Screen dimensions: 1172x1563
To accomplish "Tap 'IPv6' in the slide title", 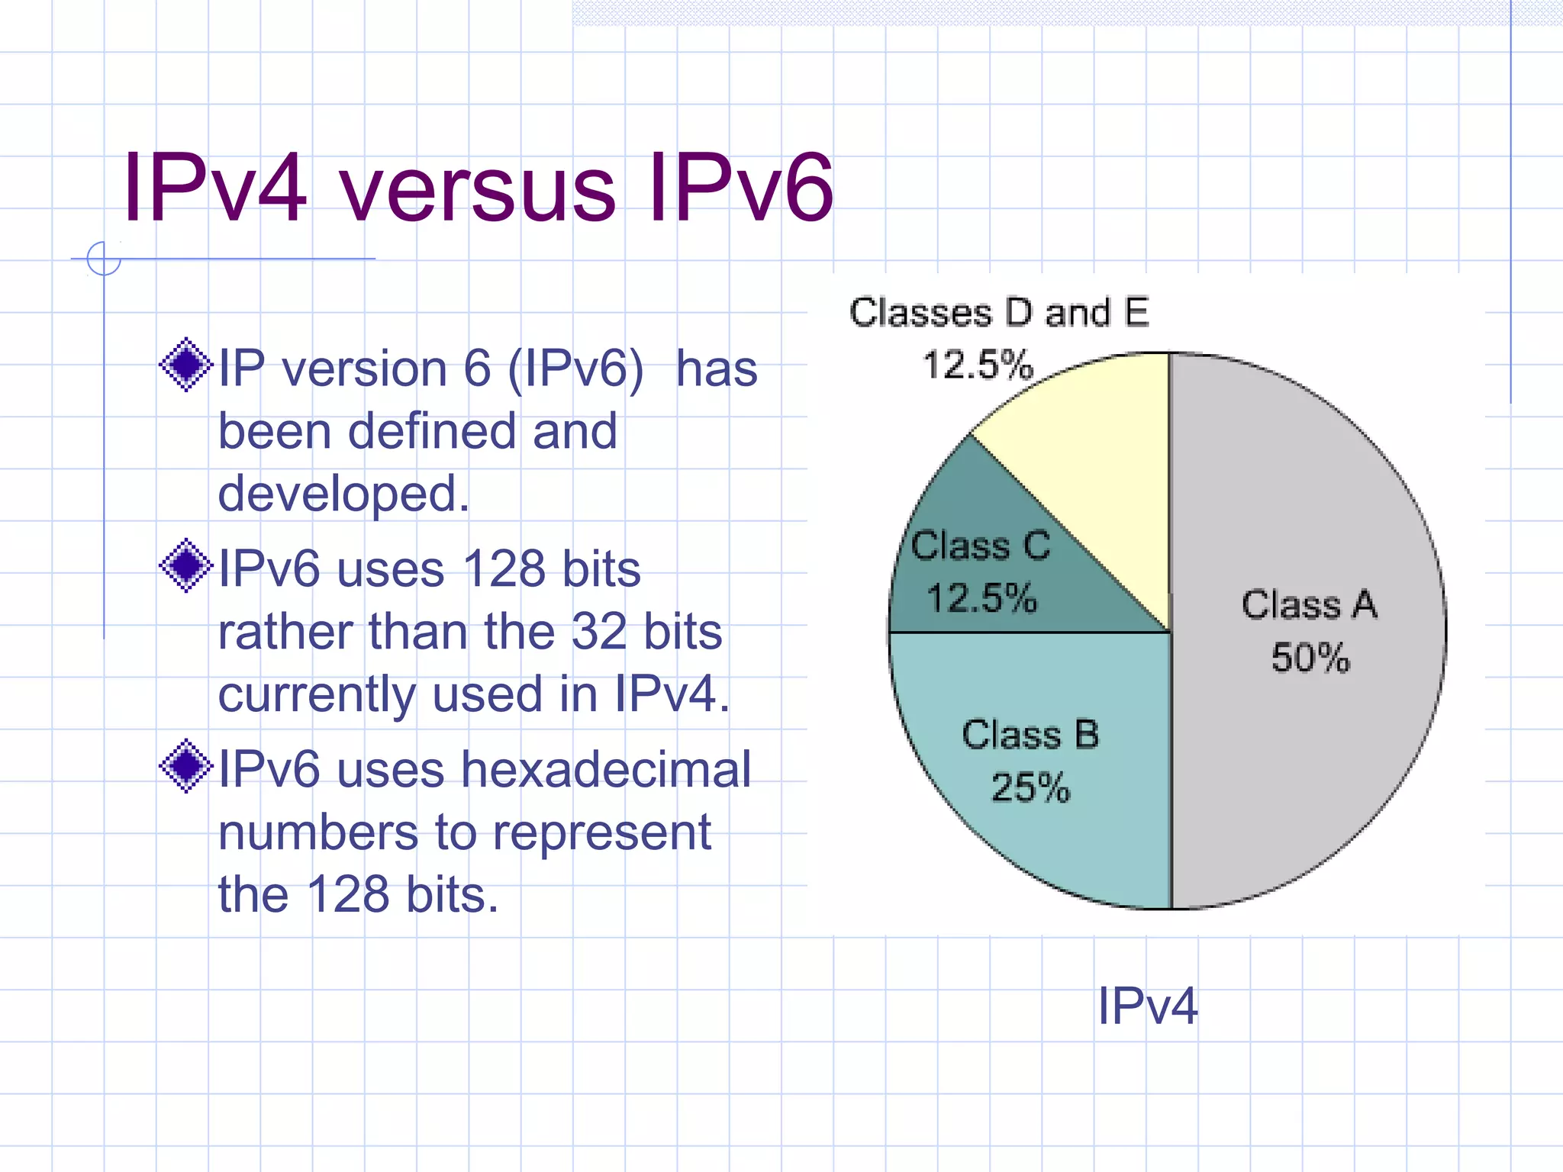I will (x=740, y=188).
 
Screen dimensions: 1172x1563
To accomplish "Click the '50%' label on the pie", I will (x=1310, y=657).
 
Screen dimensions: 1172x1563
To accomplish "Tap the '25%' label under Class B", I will (x=1030, y=787).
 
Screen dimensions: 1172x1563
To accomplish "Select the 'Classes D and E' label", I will (x=999, y=312).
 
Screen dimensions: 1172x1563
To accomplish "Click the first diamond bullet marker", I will (x=185, y=365).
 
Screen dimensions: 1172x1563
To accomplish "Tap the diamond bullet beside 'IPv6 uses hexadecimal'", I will (x=185, y=766).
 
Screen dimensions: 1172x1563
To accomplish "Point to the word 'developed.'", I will (x=343, y=494).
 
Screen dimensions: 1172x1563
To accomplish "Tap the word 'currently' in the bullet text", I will (x=316, y=694).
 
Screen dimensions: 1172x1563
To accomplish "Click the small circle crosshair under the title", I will (x=104, y=258).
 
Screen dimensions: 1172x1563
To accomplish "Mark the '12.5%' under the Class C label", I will (x=982, y=597).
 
